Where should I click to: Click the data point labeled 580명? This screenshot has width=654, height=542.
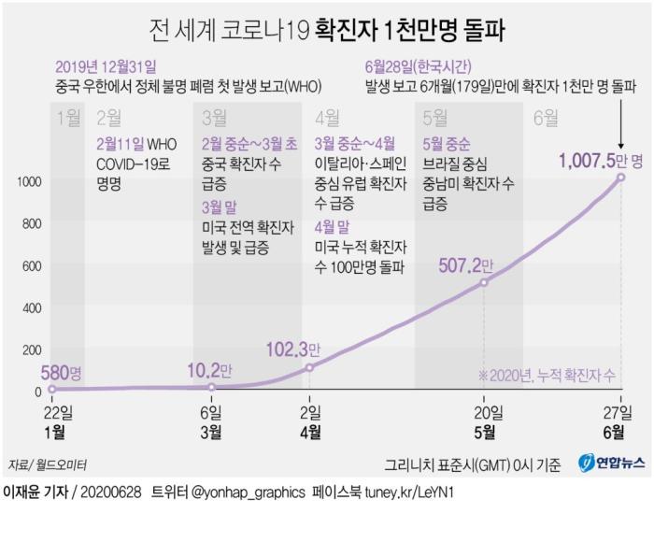click(51, 389)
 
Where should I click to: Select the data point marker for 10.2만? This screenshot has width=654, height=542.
click(212, 387)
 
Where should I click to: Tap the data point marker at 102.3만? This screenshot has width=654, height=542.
click(310, 367)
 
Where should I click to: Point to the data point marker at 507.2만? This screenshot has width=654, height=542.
click(483, 282)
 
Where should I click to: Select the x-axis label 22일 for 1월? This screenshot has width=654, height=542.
click(51, 412)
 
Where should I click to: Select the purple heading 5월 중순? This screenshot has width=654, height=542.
click(447, 143)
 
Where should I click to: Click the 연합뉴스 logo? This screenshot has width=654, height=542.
click(610, 464)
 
